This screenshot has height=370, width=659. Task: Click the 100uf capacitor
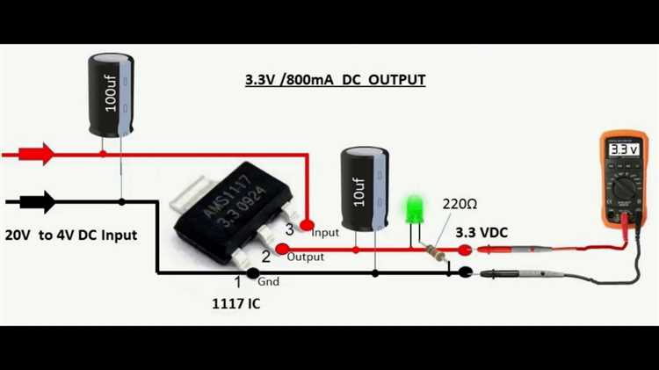click(111, 94)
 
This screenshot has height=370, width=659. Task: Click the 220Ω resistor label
click(460, 204)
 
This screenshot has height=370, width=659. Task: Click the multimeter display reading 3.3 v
click(624, 149)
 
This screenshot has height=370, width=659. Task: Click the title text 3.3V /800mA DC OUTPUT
click(335, 80)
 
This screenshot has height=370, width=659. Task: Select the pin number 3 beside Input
click(290, 229)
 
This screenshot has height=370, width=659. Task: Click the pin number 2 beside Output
click(265, 257)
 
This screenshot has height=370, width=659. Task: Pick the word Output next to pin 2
click(306, 258)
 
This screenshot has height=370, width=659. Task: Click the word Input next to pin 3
click(326, 232)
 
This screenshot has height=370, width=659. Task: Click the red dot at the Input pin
click(308, 226)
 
